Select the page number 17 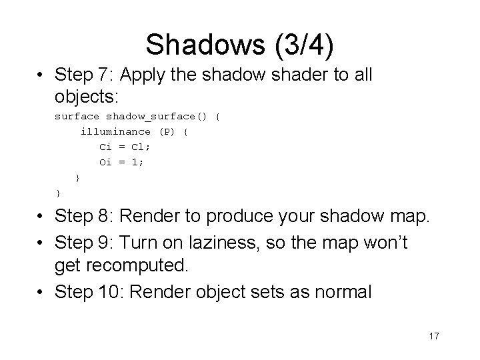(433, 336)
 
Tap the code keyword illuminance (115, 132)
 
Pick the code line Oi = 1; (121, 162)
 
